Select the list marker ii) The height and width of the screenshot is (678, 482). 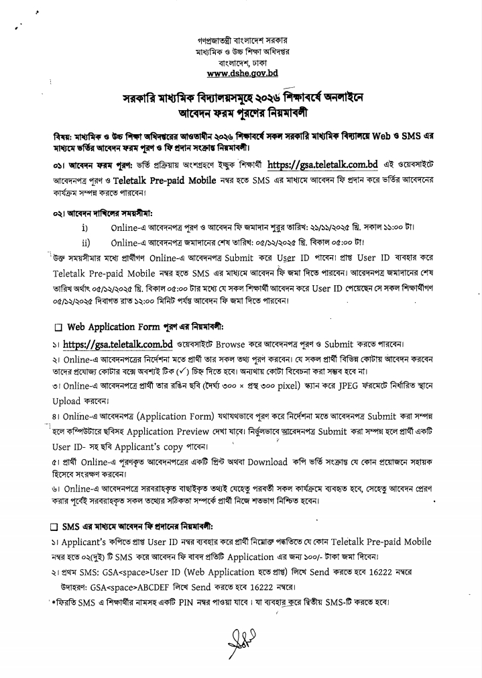[x=86, y=242]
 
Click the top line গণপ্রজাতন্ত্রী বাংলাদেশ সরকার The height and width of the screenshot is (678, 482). [x=241, y=41]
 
